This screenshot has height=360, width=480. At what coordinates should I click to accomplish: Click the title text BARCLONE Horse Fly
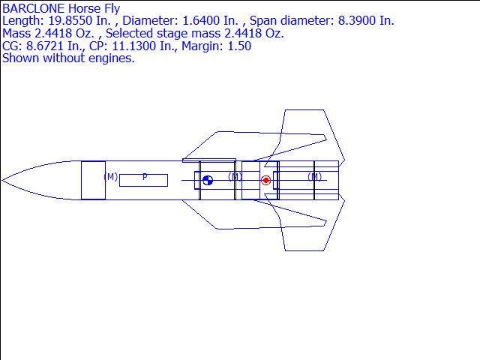(61, 8)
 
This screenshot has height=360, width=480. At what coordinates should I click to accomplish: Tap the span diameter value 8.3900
(352, 21)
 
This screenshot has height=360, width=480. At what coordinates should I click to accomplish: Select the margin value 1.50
(240, 46)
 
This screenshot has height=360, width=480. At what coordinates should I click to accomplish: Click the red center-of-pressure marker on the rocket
(265, 180)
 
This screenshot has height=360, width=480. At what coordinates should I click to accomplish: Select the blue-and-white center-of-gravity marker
(208, 180)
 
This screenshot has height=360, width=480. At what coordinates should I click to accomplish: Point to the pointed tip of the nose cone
(3, 180)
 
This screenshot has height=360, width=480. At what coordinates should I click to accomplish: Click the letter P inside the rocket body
(145, 177)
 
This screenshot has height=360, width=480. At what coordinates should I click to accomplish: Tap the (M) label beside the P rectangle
(110, 177)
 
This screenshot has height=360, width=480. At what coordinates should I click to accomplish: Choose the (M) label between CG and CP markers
(235, 177)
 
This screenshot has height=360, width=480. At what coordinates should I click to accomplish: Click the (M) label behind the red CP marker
(315, 177)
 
